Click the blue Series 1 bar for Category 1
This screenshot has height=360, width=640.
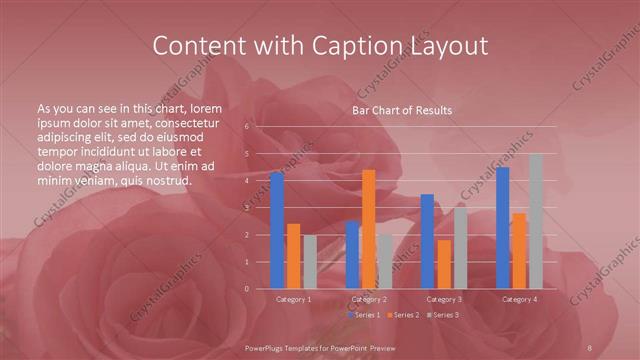(x=277, y=230)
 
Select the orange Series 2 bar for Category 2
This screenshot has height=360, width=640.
(x=369, y=229)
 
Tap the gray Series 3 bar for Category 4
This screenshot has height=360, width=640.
(x=535, y=221)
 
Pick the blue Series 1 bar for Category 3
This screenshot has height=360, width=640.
(x=427, y=241)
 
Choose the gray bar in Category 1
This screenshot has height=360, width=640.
(x=309, y=261)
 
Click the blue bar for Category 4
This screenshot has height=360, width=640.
(x=503, y=228)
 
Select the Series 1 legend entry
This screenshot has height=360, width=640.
(x=364, y=315)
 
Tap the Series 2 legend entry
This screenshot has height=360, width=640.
(x=403, y=315)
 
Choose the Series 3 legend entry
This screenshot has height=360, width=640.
(x=443, y=315)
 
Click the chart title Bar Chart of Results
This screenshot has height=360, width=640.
(x=402, y=110)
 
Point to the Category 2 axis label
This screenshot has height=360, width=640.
(x=369, y=299)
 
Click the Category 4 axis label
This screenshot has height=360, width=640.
(x=519, y=299)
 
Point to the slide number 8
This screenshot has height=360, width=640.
(x=591, y=346)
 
